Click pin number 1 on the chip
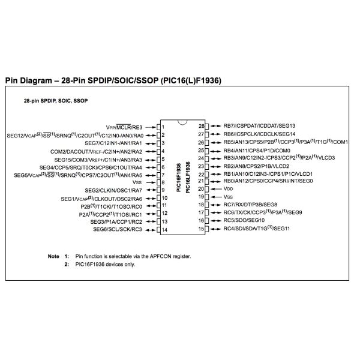[163, 127]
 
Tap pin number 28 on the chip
[202, 126]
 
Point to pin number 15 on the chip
[202, 229]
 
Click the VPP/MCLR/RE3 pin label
[124, 127]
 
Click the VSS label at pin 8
[137, 182]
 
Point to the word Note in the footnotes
[53, 256]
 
